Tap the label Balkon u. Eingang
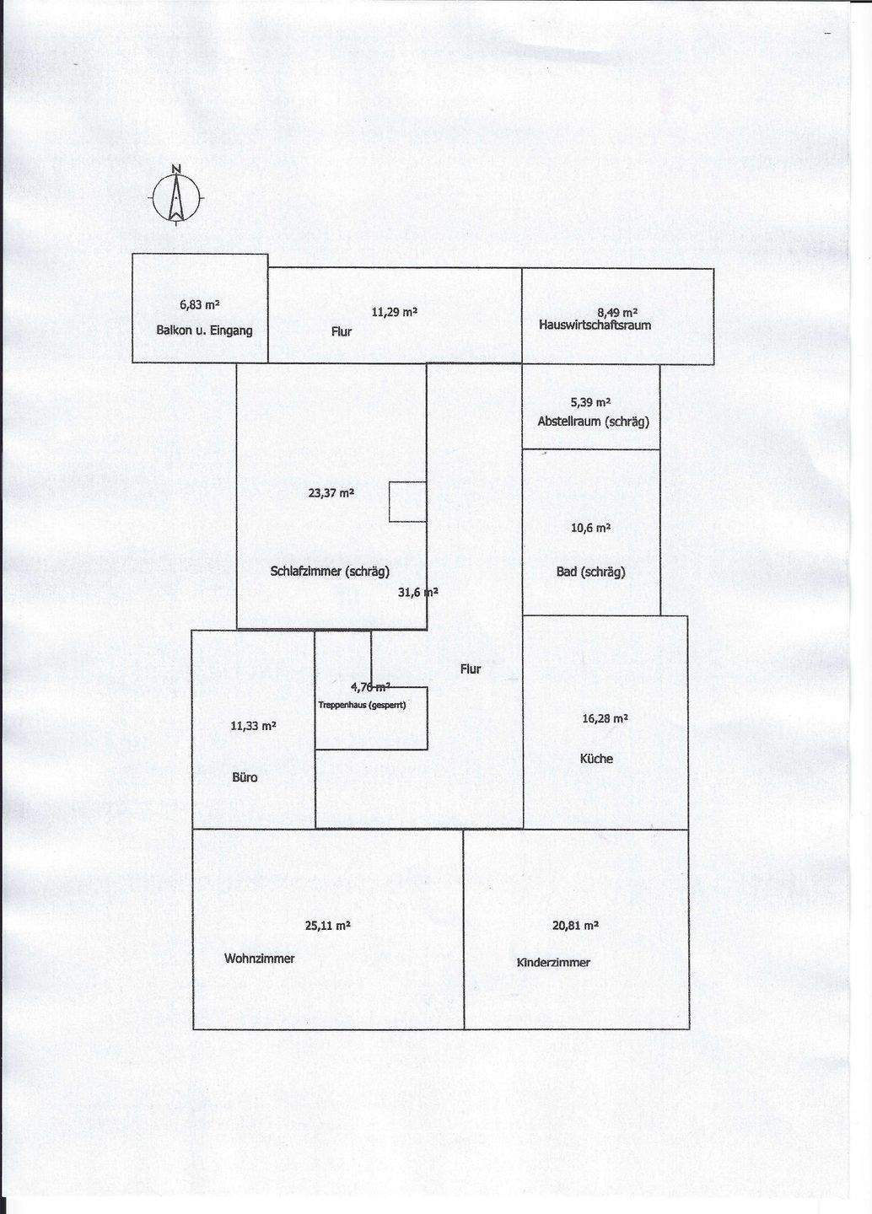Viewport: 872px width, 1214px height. tap(204, 330)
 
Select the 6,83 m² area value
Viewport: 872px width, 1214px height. tap(200, 305)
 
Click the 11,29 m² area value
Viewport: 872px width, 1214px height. tap(395, 312)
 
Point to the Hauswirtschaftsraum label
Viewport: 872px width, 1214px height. tap(595, 325)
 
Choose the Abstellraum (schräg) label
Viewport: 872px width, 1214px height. tap(594, 421)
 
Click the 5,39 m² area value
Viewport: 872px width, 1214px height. tap(590, 402)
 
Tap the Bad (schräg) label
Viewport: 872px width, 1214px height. tap(590, 572)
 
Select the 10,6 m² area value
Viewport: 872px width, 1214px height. tap(590, 529)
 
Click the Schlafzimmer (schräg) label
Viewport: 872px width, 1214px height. tap(330, 572)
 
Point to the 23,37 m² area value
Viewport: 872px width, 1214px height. tap(331, 493)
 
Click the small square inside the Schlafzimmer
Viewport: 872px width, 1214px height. tap(407, 502)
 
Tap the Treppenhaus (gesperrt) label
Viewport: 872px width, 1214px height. tap(363, 705)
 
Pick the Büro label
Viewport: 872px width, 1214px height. tap(245, 777)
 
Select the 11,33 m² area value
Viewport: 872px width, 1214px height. tap(253, 726)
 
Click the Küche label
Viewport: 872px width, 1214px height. tap(596, 759)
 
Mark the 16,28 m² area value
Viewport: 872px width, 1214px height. tap(605, 719)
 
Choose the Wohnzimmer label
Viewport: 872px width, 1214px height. tap(260, 959)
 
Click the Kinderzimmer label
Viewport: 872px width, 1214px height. tap(553, 963)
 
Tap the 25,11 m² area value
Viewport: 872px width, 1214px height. tap(327, 926)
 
